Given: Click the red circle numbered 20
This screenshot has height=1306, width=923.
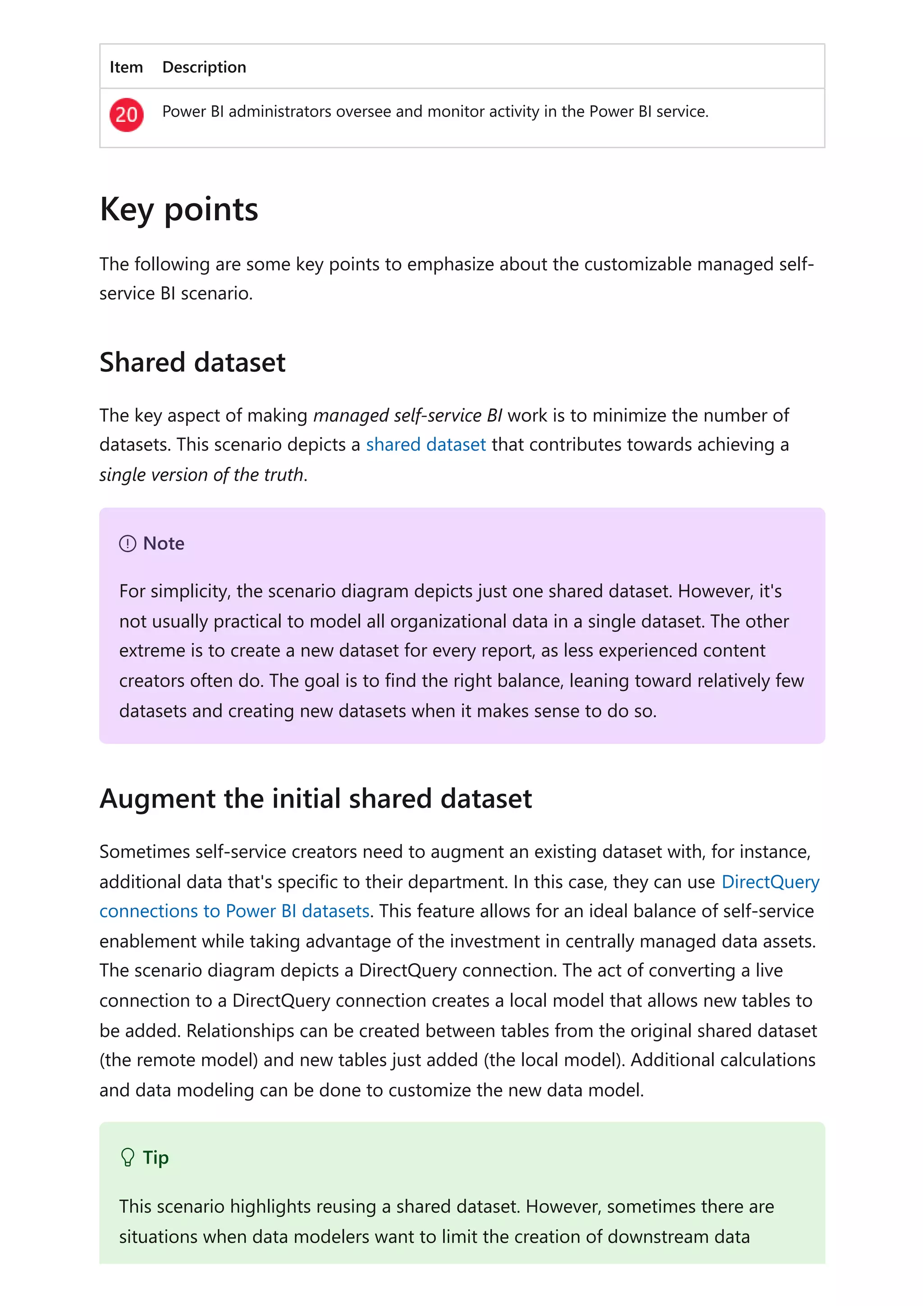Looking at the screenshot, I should pyautogui.click(x=126, y=115).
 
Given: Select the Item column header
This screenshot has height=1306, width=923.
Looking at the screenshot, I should pyautogui.click(x=126, y=67).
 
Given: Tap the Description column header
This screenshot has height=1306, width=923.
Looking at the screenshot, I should pyautogui.click(x=204, y=67).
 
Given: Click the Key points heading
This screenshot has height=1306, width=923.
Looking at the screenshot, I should pyautogui.click(x=178, y=209).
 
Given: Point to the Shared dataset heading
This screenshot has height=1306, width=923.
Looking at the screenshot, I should pyautogui.click(x=192, y=362).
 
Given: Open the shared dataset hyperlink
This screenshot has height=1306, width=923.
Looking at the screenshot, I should pyautogui.click(x=425, y=444).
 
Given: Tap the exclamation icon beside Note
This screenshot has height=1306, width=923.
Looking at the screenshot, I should pyautogui.click(x=128, y=544).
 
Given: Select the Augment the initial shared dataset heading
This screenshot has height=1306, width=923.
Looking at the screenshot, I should pyautogui.click(x=315, y=799).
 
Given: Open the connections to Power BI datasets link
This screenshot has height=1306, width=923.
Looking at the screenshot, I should pyautogui.click(x=234, y=911).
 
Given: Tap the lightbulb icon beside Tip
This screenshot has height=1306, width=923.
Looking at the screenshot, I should pyautogui.click(x=128, y=1158).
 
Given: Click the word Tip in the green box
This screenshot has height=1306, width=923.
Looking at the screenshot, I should pyautogui.click(x=156, y=1158).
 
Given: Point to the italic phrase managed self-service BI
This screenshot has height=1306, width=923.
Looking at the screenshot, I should pyautogui.click(x=407, y=415).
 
